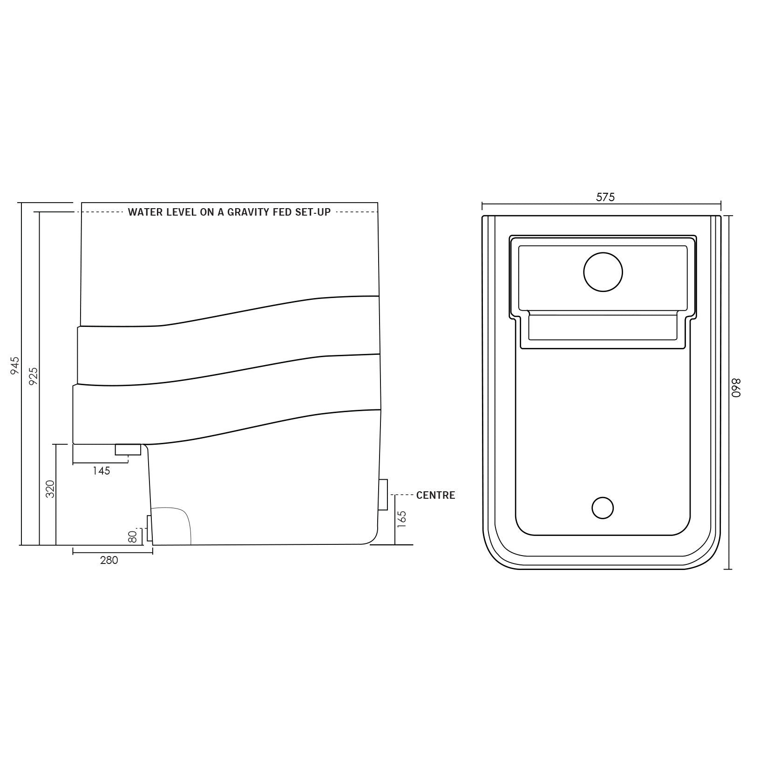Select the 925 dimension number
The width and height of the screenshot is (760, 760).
coord(33,376)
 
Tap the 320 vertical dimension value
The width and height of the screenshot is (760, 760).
coord(50,489)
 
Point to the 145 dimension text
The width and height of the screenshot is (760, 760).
coord(101,471)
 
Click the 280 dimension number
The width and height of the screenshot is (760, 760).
coord(109,560)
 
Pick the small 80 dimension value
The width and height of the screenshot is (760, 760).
coord(133,536)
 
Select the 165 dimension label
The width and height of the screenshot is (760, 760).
coord(402,519)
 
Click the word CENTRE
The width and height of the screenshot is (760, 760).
coord(435,495)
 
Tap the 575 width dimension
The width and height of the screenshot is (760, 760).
coord(605,197)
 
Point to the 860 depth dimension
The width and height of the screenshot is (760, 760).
coord(736,387)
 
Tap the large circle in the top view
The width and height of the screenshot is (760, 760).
coord(603,272)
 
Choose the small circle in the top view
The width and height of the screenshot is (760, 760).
coord(603,508)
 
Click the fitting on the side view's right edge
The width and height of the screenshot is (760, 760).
coord(383,494)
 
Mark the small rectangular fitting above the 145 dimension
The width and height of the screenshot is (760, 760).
coord(128,449)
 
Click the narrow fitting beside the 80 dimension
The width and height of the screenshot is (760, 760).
coord(149,528)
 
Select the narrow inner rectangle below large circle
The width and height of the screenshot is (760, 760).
coord(603,327)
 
